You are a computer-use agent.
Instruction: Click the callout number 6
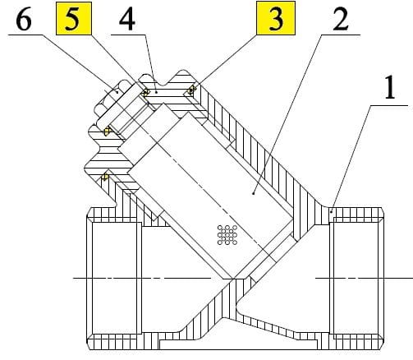pos(23,20)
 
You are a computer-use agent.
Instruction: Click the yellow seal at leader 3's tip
pos(193,91)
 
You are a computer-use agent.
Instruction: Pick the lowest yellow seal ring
pos(104,176)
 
